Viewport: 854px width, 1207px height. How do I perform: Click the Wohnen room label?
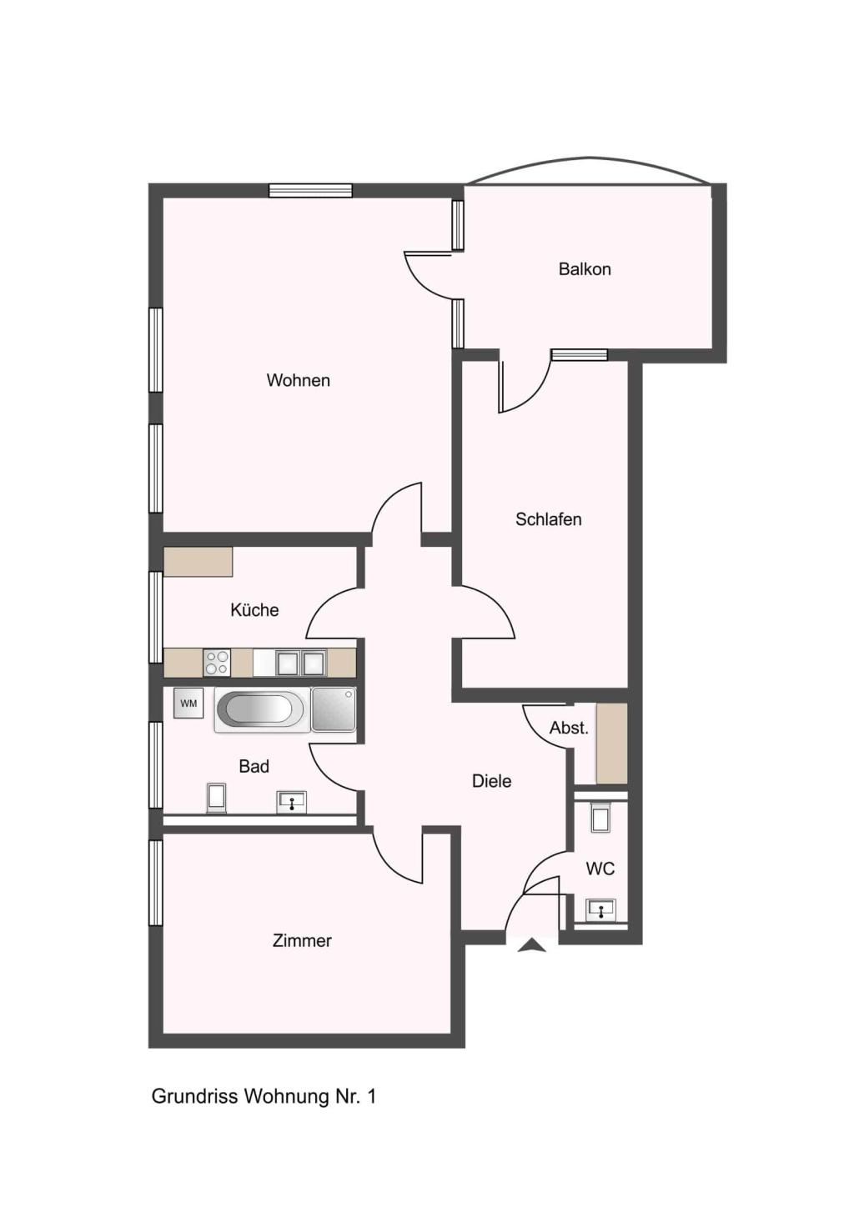click(x=298, y=380)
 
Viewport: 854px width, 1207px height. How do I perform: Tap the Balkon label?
click(x=585, y=269)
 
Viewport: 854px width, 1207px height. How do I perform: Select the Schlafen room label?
click(x=548, y=519)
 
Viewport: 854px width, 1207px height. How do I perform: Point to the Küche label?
click(x=254, y=609)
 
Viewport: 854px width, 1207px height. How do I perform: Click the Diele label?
click(x=492, y=781)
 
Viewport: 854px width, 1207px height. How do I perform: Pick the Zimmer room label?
click(x=302, y=941)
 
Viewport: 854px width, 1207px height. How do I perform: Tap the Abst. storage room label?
click(x=569, y=729)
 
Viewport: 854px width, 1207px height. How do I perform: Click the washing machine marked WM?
click(x=188, y=704)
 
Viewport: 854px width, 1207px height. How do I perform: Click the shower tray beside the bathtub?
click(x=334, y=709)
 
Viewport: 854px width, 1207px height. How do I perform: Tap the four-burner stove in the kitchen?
click(x=217, y=662)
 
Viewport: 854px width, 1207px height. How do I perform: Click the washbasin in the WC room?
click(x=601, y=910)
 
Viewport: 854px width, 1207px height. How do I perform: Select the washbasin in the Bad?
click(x=292, y=802)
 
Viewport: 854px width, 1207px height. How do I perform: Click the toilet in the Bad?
click(x=216, y=799)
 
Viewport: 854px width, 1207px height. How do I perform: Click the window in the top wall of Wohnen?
click(x=310, y=191)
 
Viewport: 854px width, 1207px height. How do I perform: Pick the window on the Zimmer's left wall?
click(x=156, y=883)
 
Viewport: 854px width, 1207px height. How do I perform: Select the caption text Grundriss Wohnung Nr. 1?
click(x=264, y=1097)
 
